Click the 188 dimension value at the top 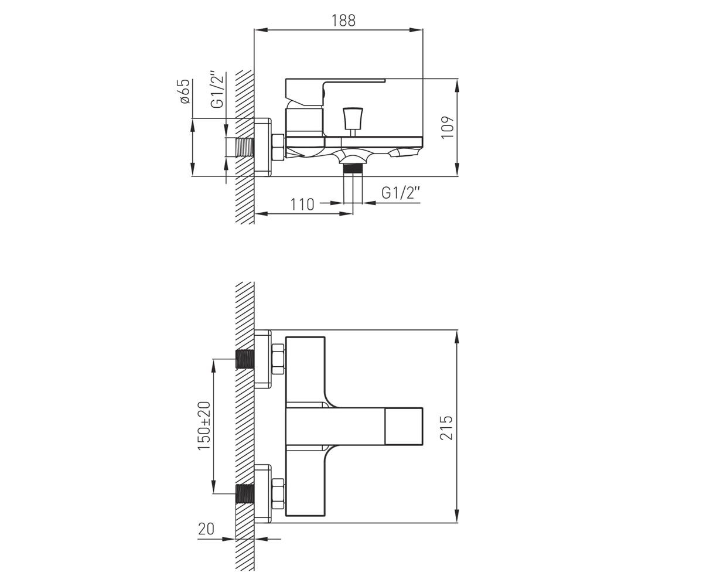pyautogui.click(x=343, y=21)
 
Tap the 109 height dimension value pyautogui.click(x=448, y=127)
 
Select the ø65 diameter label pyautogui.click(x=185, y=91)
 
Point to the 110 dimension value pyautogui.click(x=302, y=205)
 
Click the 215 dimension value pyautogui.click(x=447, y=428)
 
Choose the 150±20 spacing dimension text pyautogui.click(x=204, y=425)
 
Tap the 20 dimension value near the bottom pyautogui.click(x=206, y=529)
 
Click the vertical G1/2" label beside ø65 pyautogui.click(x=217, y=89)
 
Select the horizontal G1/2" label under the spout pyautogui.click(x=401, y=193)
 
